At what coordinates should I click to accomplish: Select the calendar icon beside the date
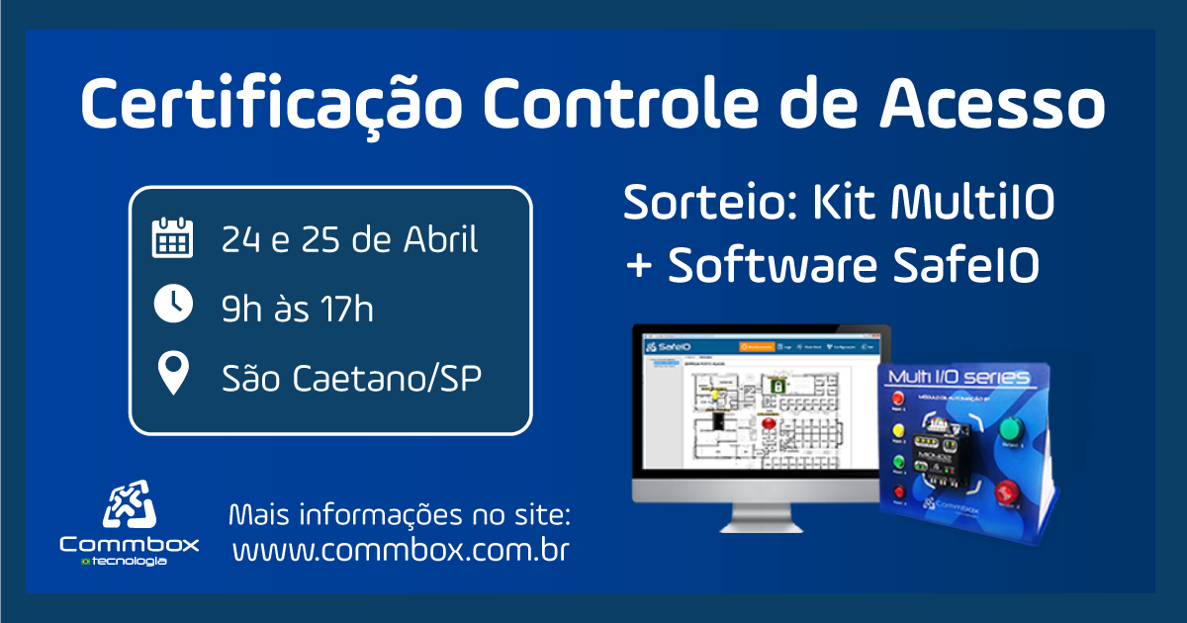coord(172,238)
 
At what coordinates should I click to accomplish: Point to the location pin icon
coord(174,374)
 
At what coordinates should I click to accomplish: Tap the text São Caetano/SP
coord(352,377)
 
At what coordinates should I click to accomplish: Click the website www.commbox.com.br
coord(401,551)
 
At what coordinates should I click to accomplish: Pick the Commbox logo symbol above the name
coord(130,505)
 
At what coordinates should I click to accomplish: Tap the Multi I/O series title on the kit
coord(958,378)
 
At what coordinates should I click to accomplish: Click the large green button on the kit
coord(1010,429)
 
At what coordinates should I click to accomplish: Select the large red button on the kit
coord(1007,491)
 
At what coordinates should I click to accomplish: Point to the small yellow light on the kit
coord(899,431)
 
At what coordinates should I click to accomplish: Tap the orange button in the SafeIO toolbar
coord(757,347)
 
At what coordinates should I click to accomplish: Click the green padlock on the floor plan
coord(779,383)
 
